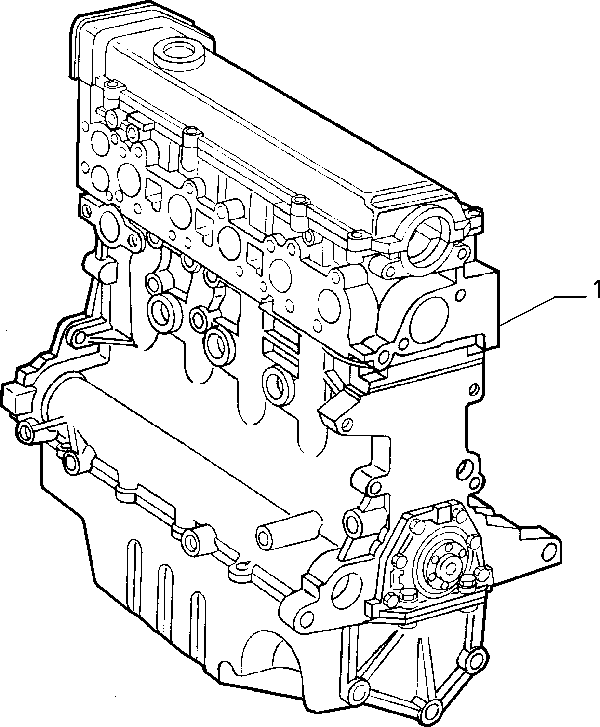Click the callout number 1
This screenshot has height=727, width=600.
(x=596, y=289)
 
